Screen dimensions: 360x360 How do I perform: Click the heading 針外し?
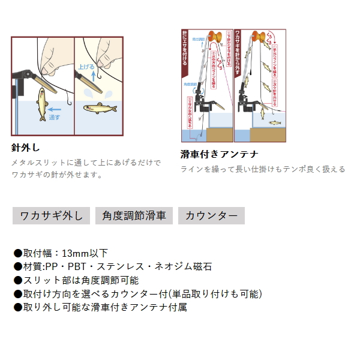(x=25, y=147)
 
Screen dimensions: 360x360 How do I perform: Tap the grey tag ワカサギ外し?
(x=52, y=216)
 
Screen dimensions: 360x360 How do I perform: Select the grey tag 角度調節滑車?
(x=134, y=216)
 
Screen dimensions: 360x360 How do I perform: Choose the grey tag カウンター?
(x=211, y=216)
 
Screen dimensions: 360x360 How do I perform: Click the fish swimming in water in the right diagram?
(x=274, y=124)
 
